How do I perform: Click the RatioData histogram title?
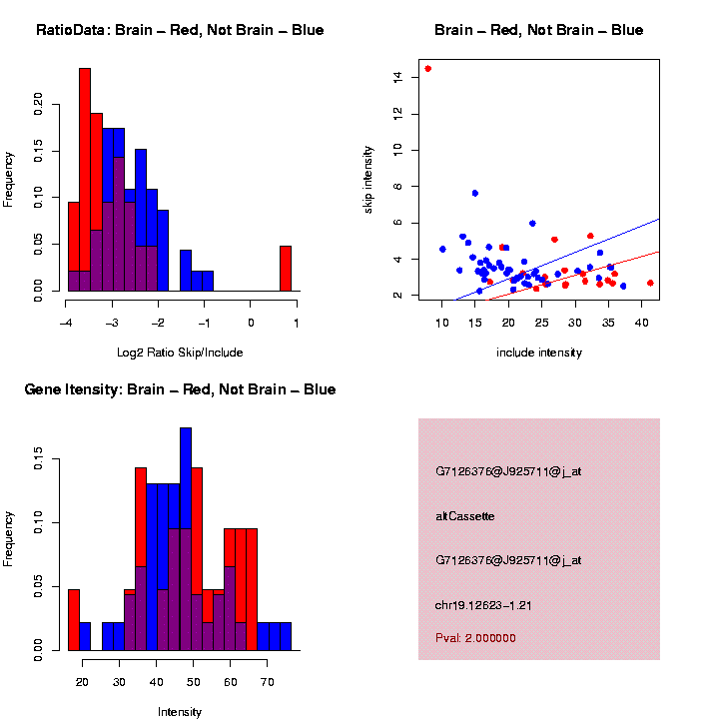pos(180,30)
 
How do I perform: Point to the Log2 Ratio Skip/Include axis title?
pos(180,352)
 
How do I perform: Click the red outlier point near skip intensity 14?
pos(428,69)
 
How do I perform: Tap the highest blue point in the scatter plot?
pos(475,193)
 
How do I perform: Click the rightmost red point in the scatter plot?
pos(650,283)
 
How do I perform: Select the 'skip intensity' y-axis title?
pos(367,178)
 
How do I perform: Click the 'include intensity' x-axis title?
pos(539,352)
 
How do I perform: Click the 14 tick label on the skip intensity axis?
pos(398,77)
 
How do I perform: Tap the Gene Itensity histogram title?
pos(180,389)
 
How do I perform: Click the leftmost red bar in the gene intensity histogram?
pos(74,619)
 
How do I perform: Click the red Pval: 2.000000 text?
pos(475,637)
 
